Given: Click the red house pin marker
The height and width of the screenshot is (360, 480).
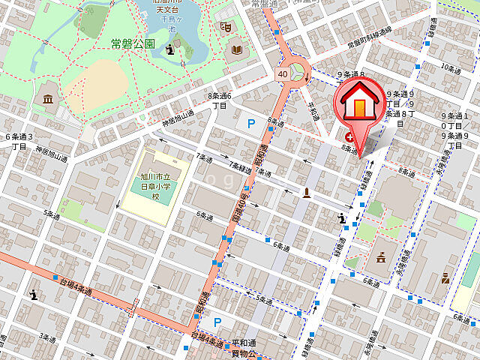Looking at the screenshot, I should [x=360, y=105].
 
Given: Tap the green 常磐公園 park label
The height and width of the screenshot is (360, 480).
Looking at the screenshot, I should [x=133, y=44].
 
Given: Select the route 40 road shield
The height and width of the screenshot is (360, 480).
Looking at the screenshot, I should [x=282, y=73].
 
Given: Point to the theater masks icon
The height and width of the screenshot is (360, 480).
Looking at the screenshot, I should [x=223, y=26].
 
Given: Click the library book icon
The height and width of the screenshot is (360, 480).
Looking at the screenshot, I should [x=237, y=49].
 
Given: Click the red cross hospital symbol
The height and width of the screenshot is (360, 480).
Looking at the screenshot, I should [x=349, y=137].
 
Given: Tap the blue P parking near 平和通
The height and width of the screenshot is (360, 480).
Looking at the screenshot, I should [x=217, y=322].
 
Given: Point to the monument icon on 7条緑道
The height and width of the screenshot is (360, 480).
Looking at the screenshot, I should [x=307, y=193].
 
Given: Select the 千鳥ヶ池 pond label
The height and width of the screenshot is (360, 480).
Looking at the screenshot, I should [x=172, y=23].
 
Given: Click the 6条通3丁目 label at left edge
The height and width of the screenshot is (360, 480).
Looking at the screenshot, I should [x=19, y=141].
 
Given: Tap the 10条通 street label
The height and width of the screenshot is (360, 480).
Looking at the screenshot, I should [x=451, y=67].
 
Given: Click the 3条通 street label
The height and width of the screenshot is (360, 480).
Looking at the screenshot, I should [x=49, y=337].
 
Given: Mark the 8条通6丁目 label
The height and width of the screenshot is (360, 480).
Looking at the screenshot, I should [x=219, y=100].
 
